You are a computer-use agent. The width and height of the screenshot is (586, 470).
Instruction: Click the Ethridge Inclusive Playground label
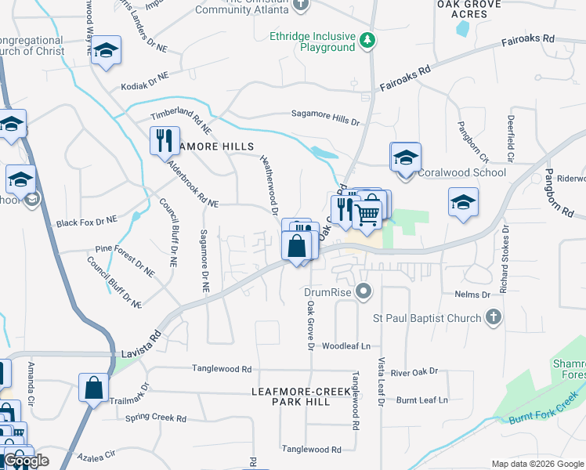[312, 42]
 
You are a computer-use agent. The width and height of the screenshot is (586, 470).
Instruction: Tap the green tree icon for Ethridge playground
[367, 39]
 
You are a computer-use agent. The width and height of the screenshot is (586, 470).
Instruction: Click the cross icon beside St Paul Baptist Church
[493, 316]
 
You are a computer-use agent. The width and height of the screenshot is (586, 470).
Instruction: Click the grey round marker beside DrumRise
[363, 292]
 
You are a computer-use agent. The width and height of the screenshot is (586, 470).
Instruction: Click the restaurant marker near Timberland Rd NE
[165, 141]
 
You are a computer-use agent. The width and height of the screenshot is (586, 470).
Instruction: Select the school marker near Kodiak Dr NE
[106, 52]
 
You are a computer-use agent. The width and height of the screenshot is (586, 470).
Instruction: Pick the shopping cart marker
[367, 212]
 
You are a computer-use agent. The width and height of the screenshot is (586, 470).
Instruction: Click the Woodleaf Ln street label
[345, 345]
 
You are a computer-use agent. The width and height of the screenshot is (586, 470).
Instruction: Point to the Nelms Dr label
[472, 295]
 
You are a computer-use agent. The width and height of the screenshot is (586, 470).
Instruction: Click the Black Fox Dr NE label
[86, 222]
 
